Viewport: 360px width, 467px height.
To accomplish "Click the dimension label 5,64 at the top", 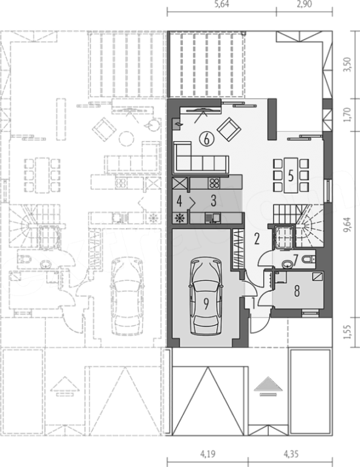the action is click(x=222, y=4).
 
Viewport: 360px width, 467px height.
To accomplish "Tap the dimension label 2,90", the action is click(x=304, y=4).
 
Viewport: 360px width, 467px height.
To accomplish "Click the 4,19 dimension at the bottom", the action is click(x=207, y=454).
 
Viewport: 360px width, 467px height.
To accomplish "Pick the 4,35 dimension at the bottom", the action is click(x=291, y=454).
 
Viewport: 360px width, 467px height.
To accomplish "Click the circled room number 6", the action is click(x=207, y=139).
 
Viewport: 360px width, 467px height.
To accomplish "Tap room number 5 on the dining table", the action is click(x=291, y=176).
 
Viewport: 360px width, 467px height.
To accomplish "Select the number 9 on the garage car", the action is click(x=206, y=304).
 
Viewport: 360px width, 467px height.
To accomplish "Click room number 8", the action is click(x=297, y=291).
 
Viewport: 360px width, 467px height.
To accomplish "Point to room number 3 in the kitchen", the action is click(x=213, y=201).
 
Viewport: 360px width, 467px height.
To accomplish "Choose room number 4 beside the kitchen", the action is click(x=179, y=201).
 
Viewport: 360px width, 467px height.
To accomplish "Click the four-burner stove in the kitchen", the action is click(x=213, y=183).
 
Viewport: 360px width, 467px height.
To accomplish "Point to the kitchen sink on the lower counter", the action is click(x=213, y=218).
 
